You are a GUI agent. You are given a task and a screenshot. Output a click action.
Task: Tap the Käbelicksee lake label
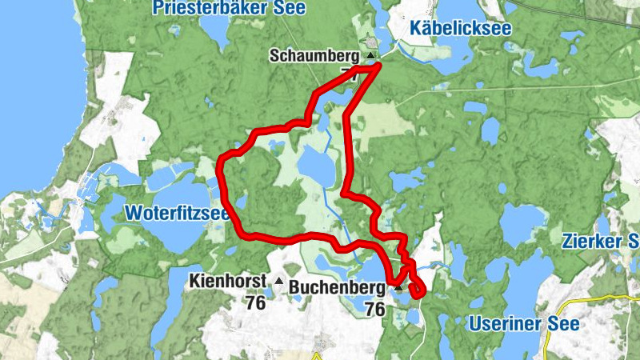tap(460, 29)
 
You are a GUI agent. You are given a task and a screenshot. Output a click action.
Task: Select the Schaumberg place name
tap(314, 56)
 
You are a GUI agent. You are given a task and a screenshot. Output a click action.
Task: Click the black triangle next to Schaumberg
tap(370, 56)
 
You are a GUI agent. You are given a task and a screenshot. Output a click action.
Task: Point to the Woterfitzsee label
tap(176, 214)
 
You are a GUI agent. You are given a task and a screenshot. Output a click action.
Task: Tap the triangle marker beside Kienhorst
tap(278, 281)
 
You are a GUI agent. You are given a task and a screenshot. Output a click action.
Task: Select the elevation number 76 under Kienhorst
tap(256, 303)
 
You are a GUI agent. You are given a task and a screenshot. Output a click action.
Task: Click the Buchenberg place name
tap(338, 286)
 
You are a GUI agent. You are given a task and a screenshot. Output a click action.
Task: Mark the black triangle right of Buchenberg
tap(397, 286)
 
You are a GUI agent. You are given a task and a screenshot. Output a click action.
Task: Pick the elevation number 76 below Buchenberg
tap(374, 308)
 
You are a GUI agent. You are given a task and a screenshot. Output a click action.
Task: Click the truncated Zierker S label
tap(600, 241)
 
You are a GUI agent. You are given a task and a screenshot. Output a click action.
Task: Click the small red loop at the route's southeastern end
tap(417, 290)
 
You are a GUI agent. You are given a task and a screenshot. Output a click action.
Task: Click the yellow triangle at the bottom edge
tap(318, 356)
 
